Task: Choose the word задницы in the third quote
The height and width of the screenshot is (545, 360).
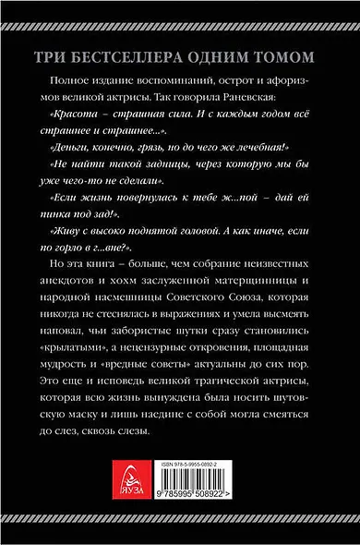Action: (172, 167)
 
